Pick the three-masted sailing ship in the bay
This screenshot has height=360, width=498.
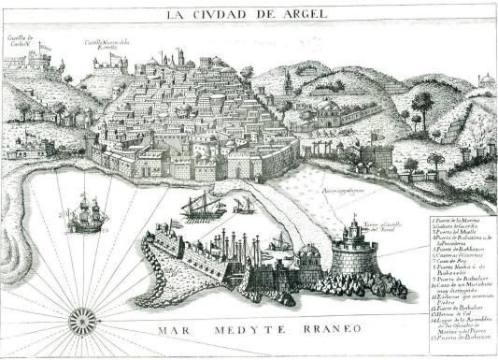click(x=87, y=214)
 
